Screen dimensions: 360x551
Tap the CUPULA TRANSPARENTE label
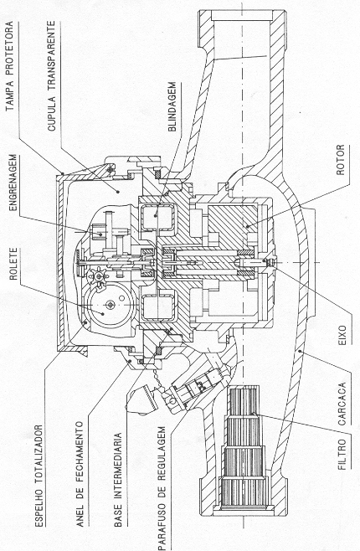(51, 75)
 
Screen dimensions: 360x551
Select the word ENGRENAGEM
(13, 183)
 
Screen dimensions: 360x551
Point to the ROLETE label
(13, 264)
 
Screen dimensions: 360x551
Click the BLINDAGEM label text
(172, 106)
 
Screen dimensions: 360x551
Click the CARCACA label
(342, 404)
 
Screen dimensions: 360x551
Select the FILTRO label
(342, 454)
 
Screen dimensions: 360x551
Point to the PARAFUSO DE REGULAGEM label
(162, 488)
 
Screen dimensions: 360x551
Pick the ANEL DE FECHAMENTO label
(80, 474)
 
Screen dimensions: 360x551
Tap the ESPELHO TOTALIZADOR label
(39, 476)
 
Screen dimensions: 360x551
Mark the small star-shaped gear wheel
(98, 275)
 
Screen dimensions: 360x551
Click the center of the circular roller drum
(111, 305)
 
